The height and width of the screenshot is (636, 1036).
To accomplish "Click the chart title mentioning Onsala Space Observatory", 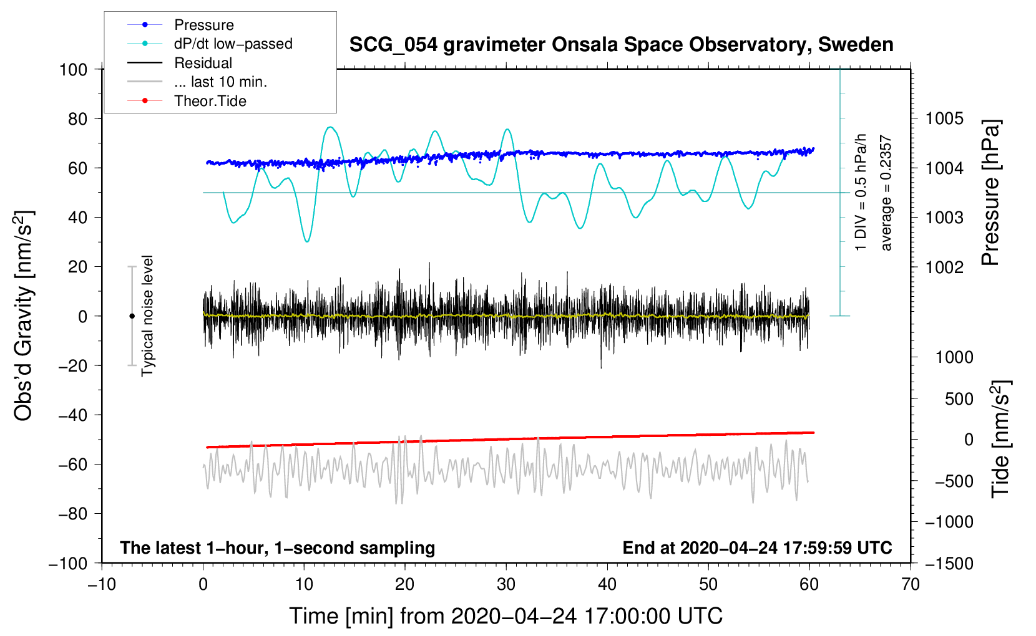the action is click(x=621, y=44).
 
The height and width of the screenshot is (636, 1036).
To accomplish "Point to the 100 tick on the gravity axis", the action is click(x=73, y=70).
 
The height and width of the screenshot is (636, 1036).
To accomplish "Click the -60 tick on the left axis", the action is click(x=73, y=465).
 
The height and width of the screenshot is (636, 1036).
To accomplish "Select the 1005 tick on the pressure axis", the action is click(x=944, y=119).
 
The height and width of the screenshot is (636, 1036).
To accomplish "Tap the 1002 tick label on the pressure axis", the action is click(x=944, y=267).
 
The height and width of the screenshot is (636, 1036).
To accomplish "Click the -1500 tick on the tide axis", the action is click(x=949, y=564).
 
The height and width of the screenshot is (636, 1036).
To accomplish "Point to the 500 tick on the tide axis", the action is click(x=959, y=399).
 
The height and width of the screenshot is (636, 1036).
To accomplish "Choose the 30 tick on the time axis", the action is click(x=506, y=584).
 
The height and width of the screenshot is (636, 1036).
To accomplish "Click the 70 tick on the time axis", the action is click(x=910, y=584).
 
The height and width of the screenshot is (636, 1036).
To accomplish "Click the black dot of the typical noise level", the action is click(x=132, y=316).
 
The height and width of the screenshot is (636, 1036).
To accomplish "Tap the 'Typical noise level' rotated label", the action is click(x=147, y=316).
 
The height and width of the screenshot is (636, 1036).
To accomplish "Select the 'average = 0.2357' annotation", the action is click(x=886, y=193).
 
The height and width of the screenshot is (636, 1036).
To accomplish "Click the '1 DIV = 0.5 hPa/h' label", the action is click(x=860, y=193).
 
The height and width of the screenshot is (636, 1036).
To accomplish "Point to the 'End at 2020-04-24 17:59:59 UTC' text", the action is click(x=757, y=547).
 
